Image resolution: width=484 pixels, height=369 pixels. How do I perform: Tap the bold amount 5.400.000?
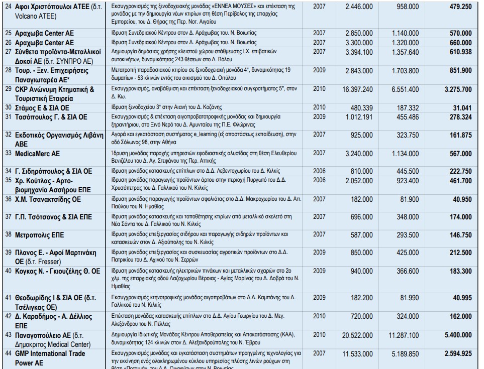pyautogui.click(x=457, y=335)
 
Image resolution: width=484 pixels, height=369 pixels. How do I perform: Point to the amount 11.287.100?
pyautogui.click(x=400, y=335)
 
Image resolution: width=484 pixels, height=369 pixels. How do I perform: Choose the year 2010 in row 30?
pyautogui.click(x=319, y=107)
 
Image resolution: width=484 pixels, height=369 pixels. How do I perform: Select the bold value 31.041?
pyautogui.click(x=461, y=107)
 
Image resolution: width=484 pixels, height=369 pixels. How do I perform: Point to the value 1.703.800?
pyautogui.click(x=404, y=70)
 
